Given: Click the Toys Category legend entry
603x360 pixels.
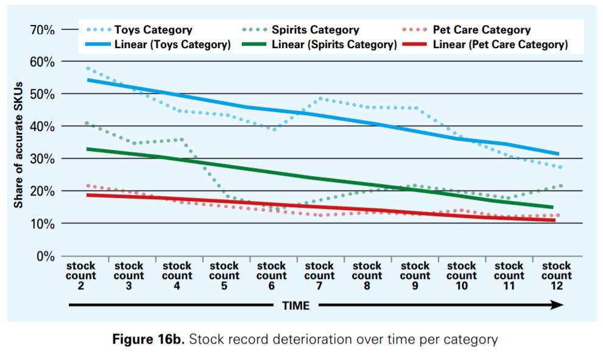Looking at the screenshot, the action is [139, 30].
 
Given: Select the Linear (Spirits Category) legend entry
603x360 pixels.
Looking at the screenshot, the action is [319, 44].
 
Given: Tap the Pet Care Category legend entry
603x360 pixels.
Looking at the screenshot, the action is [466, 30].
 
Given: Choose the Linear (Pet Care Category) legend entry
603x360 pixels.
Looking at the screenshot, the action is [485, 44].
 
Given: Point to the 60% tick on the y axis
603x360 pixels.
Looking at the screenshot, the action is [42, 62].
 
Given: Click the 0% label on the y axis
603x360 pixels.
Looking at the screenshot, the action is [46, 256].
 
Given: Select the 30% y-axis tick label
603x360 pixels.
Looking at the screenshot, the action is [42, 159].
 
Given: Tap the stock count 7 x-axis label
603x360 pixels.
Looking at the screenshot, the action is [319, 276].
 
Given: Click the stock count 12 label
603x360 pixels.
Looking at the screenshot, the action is [557, 276].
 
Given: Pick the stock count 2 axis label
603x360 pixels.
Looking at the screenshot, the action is [81, 276].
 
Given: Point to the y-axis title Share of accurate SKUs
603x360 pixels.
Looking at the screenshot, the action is [18, 145].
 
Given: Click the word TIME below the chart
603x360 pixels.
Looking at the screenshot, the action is [296, 306].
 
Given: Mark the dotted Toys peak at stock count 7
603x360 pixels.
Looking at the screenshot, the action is [320, 99].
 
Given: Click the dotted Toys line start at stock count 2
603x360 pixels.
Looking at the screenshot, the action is [88, 68].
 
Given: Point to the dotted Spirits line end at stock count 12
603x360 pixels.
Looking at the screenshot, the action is [561, 186].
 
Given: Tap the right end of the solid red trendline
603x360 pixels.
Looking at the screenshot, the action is [554, 221].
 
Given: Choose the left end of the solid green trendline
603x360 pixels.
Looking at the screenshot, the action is [88, 149].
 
